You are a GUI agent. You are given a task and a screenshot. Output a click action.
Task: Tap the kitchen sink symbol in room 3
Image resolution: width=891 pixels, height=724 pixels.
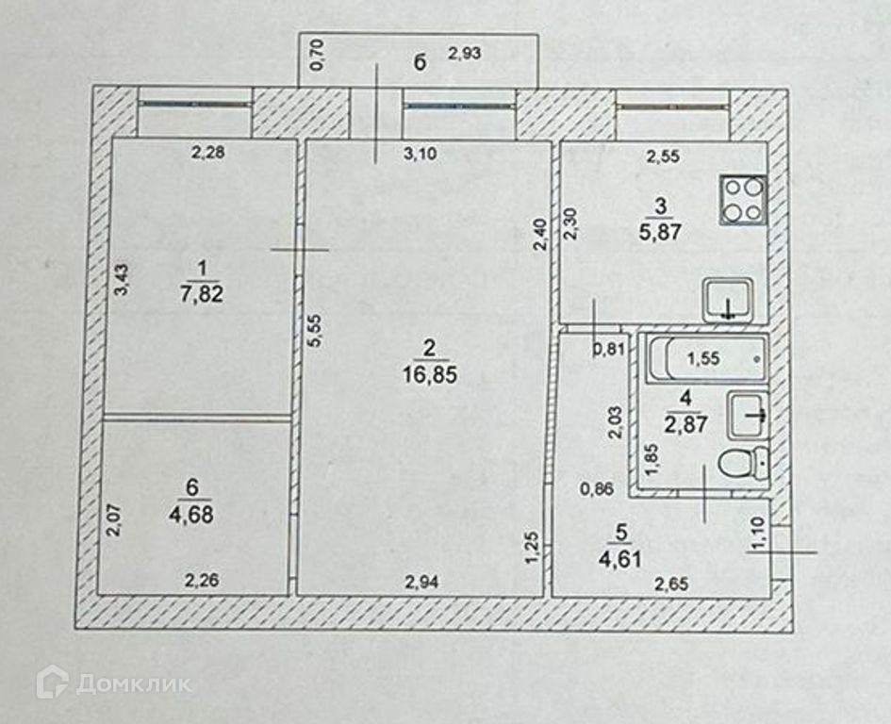pos(728,301)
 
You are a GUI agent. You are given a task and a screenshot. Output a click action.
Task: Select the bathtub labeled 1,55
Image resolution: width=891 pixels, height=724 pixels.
pos(706,359)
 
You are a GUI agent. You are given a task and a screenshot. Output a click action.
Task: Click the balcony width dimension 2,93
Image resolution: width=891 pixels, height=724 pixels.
pos(465,54)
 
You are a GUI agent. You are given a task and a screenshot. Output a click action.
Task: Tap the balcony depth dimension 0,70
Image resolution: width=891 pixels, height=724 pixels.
pos(318,55)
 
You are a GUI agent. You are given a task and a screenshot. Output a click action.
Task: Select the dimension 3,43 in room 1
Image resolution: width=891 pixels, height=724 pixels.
pos(121,280)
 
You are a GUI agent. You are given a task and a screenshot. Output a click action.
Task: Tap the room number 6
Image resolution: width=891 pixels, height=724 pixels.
pos(193,486)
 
